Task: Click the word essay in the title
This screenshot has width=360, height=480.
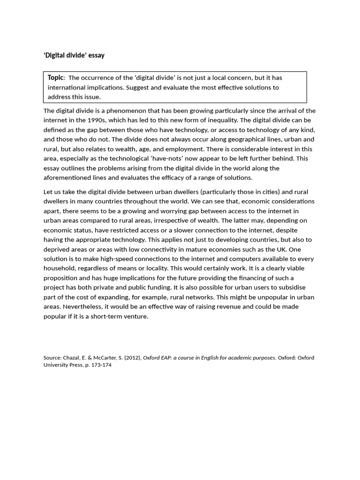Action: tap(96, 55)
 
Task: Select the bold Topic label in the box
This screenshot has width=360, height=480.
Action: tap(55, 77)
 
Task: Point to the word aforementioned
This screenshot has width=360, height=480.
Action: tap(67, 178)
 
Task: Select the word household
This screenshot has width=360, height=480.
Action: tap(59, 268)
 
